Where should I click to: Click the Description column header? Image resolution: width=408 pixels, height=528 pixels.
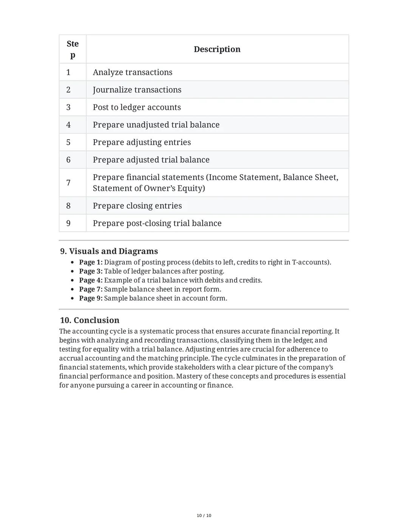point(217,49)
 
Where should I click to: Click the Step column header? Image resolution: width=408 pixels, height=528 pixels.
point(73,49)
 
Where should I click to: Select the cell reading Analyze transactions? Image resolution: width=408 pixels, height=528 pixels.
point(133,72)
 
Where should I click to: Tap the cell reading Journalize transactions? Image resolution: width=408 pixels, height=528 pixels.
point(137,90)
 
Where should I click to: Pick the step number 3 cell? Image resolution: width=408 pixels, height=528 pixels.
point(68,107)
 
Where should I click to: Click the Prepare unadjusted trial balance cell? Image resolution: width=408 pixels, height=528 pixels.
point(156,125)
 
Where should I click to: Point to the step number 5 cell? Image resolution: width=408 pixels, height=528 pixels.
point(68,142)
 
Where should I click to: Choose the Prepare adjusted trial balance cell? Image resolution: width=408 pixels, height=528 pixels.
point(151,160)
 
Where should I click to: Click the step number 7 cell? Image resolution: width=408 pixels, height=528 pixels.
point(68,183)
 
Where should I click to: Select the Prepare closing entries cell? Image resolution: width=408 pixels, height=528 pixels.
point(137,206)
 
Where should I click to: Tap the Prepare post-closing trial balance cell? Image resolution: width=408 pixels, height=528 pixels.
point(157,223)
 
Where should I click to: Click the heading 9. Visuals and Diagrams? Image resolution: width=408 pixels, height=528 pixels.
point(109,251)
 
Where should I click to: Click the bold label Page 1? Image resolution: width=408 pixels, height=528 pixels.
point(91,262)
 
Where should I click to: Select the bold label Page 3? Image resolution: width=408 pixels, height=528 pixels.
point(91,271)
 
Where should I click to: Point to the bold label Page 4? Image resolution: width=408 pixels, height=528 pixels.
point(91,280)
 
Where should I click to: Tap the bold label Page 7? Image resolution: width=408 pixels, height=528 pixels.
point(91,290)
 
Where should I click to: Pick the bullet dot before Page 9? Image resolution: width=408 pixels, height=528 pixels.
point(72,299)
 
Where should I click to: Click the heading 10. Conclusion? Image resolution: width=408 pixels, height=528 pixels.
point(90,320)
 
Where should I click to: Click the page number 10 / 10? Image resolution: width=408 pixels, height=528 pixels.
point(204,516)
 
